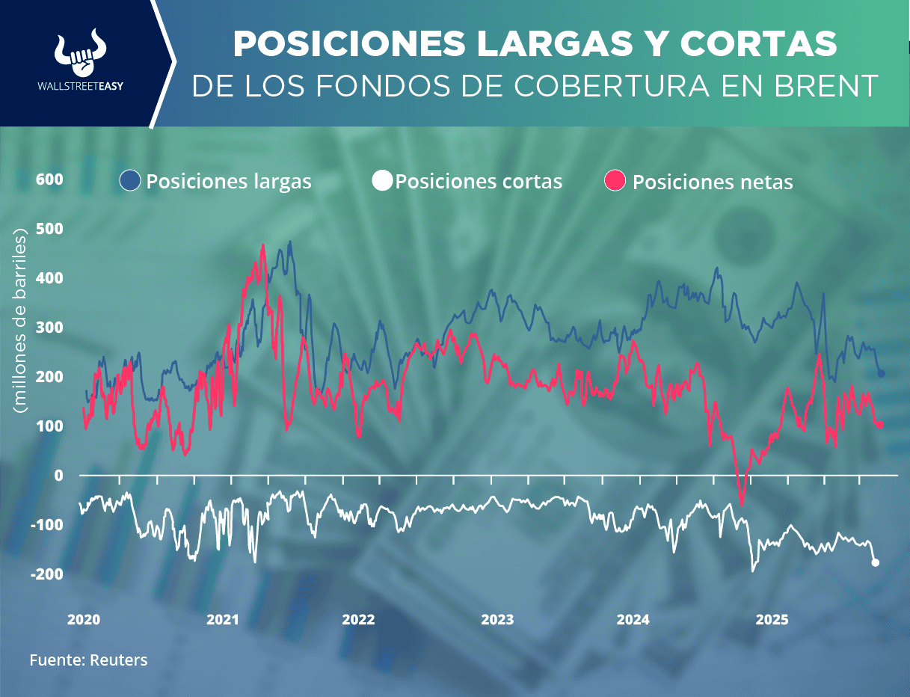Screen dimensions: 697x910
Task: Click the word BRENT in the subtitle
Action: tap(826, 86)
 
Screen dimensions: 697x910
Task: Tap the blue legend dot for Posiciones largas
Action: tap(130, 181)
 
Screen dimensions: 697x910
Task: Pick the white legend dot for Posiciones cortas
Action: tap(383, 181)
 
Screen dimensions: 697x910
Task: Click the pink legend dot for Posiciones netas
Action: tap(615, 181)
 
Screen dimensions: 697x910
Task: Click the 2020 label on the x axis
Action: tap(83, 619)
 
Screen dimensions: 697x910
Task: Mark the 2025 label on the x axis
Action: tap(772, 619)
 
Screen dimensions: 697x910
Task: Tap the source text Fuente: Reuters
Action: tap(88, 660)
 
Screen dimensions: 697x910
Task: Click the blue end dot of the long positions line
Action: tap(881, 373)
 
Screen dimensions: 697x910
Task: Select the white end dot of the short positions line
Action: tap(876, 562)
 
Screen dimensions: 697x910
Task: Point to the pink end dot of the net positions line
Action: tap(879, 425)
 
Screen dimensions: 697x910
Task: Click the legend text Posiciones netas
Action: tap(712, 182)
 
